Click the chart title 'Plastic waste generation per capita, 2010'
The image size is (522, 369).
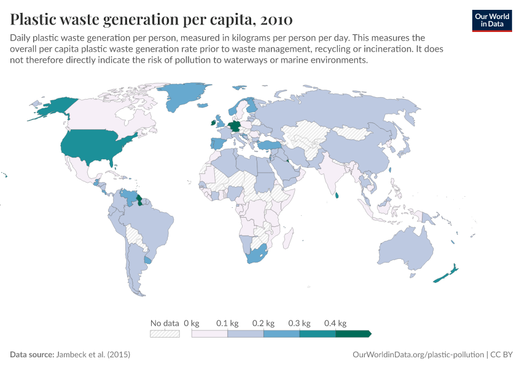click(x=151, y=20)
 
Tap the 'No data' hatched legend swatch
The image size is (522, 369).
click(x=165, y=333)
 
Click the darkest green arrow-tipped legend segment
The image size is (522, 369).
click(x=353, y=333)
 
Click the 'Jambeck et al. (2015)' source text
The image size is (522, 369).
click(x=93, y=355)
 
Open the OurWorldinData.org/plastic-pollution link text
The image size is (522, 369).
click(x=418, y=355)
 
